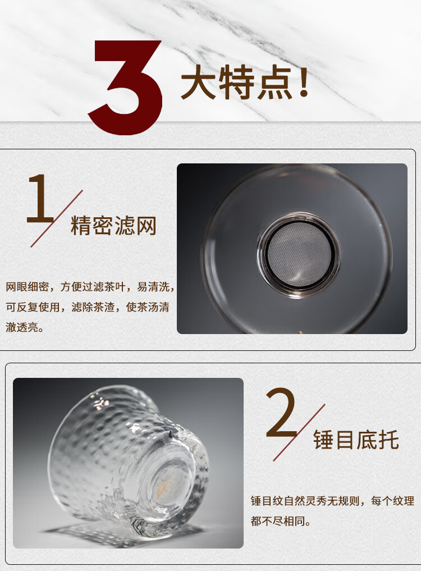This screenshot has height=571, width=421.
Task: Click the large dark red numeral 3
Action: click(126, 88)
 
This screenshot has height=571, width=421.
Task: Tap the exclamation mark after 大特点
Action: click(303, 81)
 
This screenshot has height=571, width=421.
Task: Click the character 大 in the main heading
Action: click(199, 83)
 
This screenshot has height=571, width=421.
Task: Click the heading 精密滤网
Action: click(113, 226)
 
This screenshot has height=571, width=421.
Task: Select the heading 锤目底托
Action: click(356, 440)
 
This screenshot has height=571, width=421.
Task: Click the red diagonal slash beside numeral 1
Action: click(57, 218)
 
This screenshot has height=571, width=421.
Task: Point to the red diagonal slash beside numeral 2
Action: click(299, 432)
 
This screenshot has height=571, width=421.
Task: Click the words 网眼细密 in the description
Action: click(28, 287)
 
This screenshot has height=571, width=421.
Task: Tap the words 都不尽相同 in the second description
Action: click(277, 521)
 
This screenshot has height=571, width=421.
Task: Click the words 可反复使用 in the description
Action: click(33, 307)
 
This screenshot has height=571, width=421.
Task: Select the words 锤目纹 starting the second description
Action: click(267, 501)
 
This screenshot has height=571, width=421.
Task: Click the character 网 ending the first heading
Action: click(147, 226)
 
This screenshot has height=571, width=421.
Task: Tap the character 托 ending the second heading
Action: click(389, 440)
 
